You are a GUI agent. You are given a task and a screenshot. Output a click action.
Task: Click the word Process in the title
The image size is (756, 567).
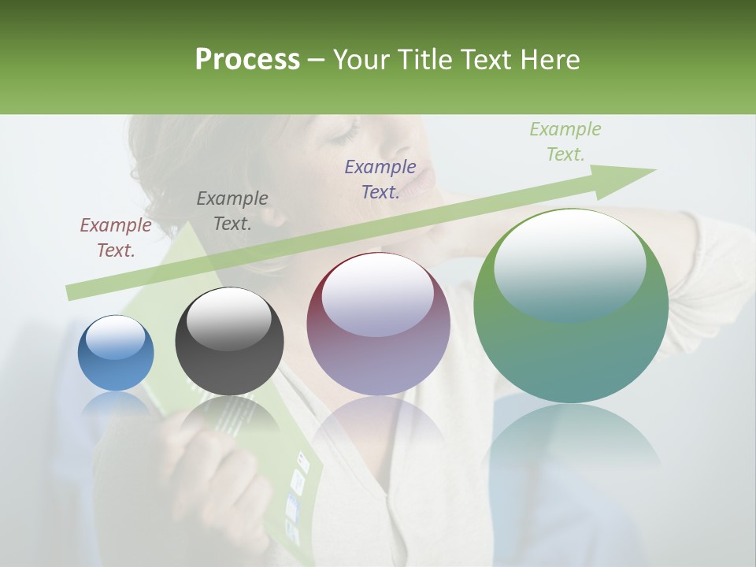[x=247, y=59]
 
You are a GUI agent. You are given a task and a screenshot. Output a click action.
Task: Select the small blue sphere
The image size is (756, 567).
[x=116, y=354]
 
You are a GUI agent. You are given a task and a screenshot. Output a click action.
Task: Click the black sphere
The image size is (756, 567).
[x=229, y=342]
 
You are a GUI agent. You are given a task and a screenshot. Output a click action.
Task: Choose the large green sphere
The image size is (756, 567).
[x=571, y=306]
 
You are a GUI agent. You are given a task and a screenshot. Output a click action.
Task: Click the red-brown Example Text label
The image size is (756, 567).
[x=116, y=238]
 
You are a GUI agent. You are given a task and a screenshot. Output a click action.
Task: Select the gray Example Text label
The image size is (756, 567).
[x=232, y=211]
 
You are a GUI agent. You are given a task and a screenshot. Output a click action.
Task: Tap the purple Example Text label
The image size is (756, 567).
[x=380, y=180]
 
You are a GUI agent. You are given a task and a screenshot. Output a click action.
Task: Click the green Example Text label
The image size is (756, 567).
[x=565, y=142]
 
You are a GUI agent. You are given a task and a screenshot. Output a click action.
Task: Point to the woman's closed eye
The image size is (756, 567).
[x=344, y=136]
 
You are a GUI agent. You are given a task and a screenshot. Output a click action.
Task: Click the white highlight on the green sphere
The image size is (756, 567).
[x=569, y=252]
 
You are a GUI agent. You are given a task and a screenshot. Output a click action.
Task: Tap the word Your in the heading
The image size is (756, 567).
[x=363, y=59]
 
